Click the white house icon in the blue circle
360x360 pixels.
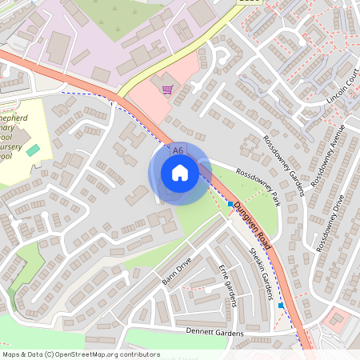(x=179, y=172)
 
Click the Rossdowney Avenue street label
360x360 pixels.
(x=327, y=155)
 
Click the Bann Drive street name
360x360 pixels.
(x=178, y=270)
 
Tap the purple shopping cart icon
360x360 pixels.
(x=168, y=90)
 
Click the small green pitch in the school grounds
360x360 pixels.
(x=33, y=150)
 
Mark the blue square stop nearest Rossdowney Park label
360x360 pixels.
(x=230, y=205)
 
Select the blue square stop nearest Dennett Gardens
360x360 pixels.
(x=281, y=305)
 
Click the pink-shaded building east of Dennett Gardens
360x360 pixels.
(x=337, y=320)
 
